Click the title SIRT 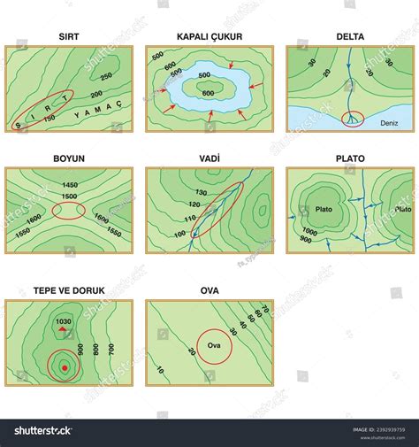(x=68, y=38)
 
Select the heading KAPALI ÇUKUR (x=209, y=38)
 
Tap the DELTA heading (x=350, y=38)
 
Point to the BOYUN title (x=68, y=160)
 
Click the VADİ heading (x=209, y=160)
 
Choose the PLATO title (x=350, y=160)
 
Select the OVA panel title (x=209, y=289)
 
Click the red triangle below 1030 (x=63, y=330)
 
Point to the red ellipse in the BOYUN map (x=68, y=212)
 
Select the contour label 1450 (x=68, y=183)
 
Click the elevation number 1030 (x=63, y=321)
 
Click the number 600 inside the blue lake (x=209, y=94)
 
